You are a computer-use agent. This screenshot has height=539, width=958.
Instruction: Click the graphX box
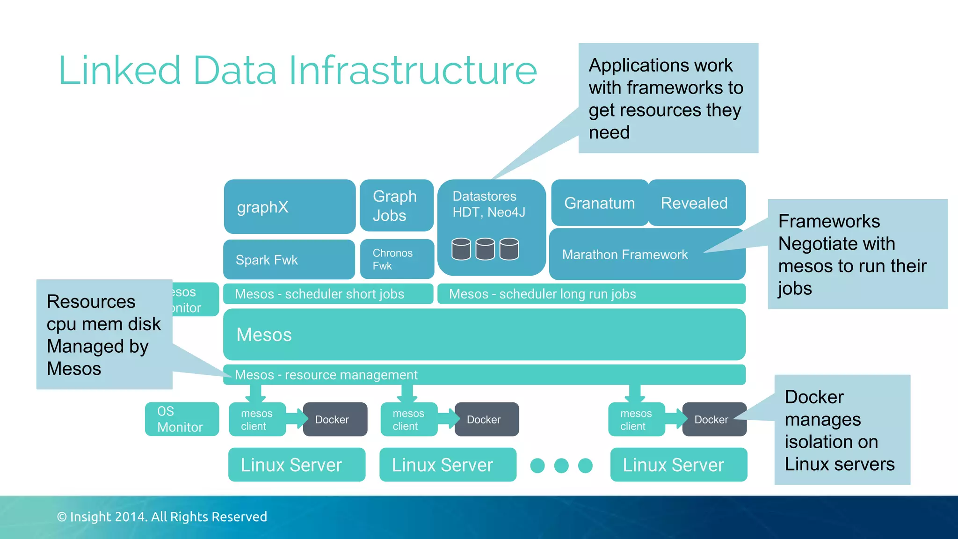tap(289, 207)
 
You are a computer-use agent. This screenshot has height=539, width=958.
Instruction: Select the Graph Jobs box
tap(396, 206)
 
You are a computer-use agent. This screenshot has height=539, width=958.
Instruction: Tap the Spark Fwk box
tap(289, 260)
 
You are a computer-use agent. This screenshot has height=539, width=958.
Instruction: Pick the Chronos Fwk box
tap(397, 259)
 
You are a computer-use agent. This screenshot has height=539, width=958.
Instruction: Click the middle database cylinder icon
tap(485, 249)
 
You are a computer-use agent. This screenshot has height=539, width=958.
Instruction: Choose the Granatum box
tap(599, 203)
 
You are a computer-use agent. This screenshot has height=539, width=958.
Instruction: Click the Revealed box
tap(696, 203)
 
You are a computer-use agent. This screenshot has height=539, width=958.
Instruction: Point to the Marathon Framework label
tap(624, 255)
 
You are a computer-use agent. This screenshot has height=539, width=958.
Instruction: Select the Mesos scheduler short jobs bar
tap(327, 294)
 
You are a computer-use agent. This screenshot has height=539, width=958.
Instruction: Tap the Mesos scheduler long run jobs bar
tap(590, 294)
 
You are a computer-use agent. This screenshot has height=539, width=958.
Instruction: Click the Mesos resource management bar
tap(484, 375)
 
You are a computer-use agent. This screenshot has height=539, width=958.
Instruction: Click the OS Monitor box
tap(181, 419)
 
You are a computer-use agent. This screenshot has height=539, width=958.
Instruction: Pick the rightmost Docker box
tap(713, 420)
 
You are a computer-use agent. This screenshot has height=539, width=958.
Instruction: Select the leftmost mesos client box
tap(257, 420)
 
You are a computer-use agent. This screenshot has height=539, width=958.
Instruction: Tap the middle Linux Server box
tap(447, 465)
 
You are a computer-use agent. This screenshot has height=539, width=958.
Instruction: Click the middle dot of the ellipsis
tap(561, 466)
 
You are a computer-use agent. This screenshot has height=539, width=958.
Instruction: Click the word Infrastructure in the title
tap(413, 71)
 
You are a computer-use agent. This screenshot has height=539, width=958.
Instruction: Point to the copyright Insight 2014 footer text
tap(162, 517)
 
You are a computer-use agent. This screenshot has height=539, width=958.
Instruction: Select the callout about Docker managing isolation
tap(842, 430)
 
